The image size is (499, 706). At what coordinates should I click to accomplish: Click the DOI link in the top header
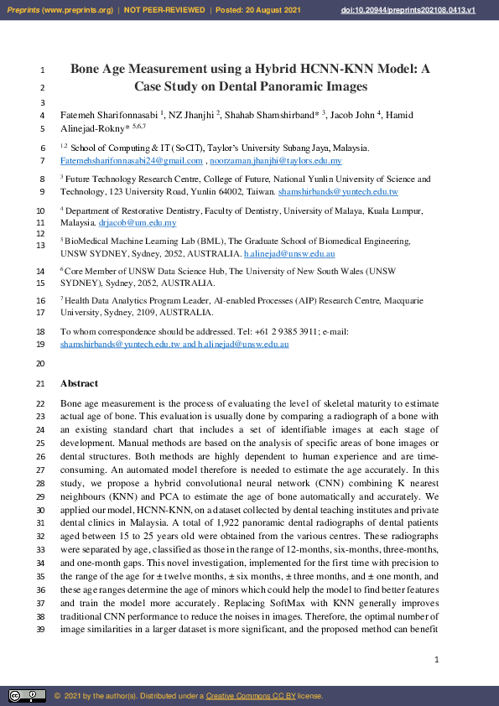point(420,9)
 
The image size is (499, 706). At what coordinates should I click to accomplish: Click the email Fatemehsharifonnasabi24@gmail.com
point(132,160)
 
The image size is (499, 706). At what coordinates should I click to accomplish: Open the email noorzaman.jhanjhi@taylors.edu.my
point(276,160)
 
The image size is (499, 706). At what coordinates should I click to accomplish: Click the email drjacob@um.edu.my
point(138,223)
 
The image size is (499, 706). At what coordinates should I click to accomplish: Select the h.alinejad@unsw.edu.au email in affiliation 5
point(289,253)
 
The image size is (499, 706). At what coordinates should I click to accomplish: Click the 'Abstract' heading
point(79,383)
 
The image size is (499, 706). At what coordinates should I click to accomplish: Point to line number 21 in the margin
point(41,384)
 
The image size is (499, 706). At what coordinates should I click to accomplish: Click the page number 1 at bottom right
point(437,661)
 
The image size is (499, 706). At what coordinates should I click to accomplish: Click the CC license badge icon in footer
point(27,695)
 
